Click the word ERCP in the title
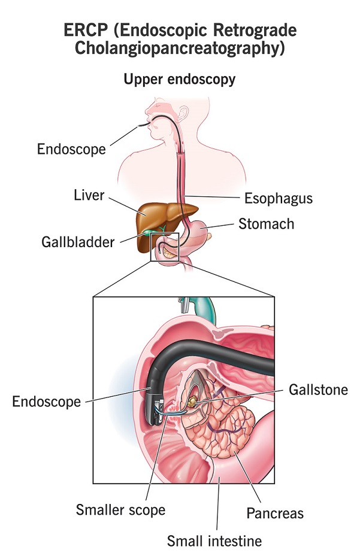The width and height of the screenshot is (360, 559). pos(85,30)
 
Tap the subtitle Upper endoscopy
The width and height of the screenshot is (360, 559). pos(180,79)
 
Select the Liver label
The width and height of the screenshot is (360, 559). pos(89,195)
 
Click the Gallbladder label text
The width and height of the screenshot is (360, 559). pos(78,242)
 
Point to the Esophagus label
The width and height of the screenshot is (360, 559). pos(279,199)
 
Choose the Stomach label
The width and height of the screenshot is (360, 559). pos(266,224)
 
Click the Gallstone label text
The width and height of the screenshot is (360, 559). pos(318,390)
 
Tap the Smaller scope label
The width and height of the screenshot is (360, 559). pos(120,510)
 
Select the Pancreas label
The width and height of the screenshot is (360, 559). pos(275,514)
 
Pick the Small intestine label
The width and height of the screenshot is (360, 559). pos(214,541)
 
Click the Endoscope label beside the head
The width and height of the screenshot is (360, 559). pos(71,149)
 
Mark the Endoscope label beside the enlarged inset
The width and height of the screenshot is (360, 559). pos(46,402)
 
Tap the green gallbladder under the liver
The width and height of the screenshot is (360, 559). pos(149,233)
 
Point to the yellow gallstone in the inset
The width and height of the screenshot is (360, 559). pos(192,401)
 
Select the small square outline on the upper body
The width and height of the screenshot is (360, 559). pos(165,247)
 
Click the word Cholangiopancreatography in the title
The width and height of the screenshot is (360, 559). pos(180,48)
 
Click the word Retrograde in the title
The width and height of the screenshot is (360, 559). pos(255,31)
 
